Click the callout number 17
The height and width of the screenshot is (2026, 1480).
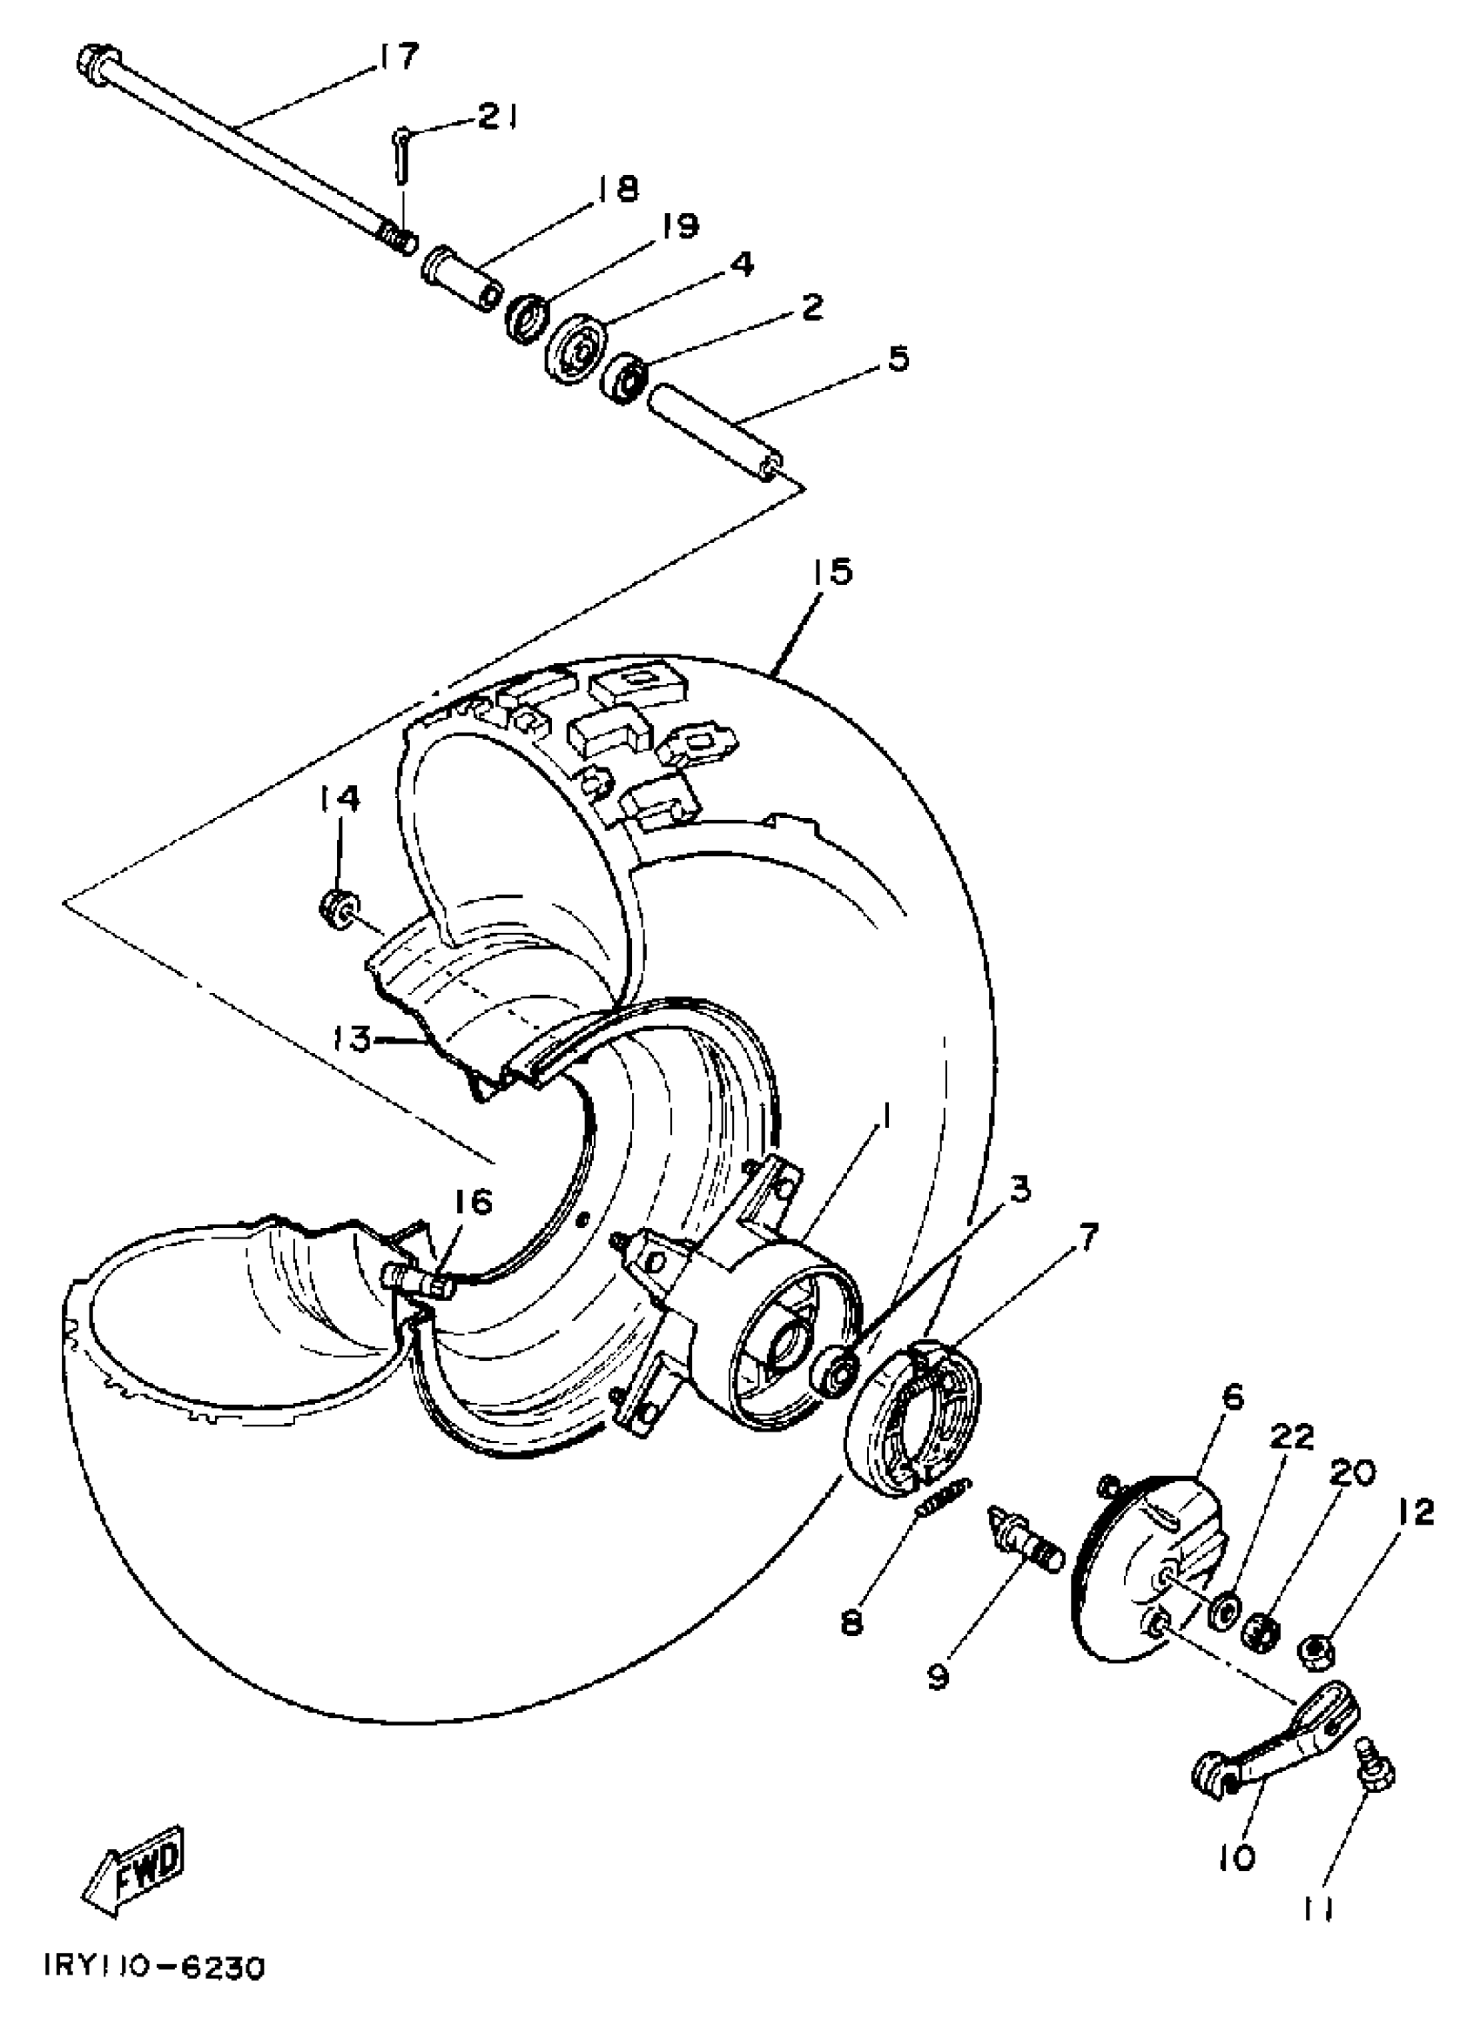tap(396, 57)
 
